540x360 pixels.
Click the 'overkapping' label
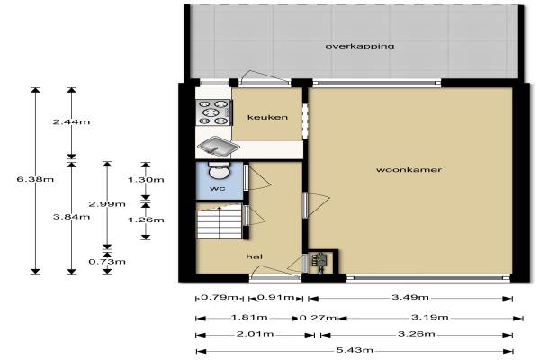pos(360,46)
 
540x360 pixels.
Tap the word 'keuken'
pos(267,118)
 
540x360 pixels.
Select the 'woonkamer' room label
pos(409,169)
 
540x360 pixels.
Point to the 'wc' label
pos(218,188)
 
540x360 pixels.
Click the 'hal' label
pos(255,256)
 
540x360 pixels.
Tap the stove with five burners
pos(213,112)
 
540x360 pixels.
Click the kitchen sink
pos(218,147)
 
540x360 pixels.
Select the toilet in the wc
pos(220,171)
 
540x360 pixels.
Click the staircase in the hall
pos(220,221)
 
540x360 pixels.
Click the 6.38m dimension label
pos(35,179)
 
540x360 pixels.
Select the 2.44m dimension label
pos(71,122)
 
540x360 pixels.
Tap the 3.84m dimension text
pos(72,217)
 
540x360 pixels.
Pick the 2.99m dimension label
pos(107,204)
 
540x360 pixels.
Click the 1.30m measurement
pos(146,180)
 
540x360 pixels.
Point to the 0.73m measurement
pos(107,262)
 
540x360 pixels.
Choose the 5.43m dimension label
pos(355,351)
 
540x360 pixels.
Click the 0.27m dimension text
pos(317,318)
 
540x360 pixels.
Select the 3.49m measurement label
pos(410,297)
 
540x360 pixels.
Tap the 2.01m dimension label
pos(256,334)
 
